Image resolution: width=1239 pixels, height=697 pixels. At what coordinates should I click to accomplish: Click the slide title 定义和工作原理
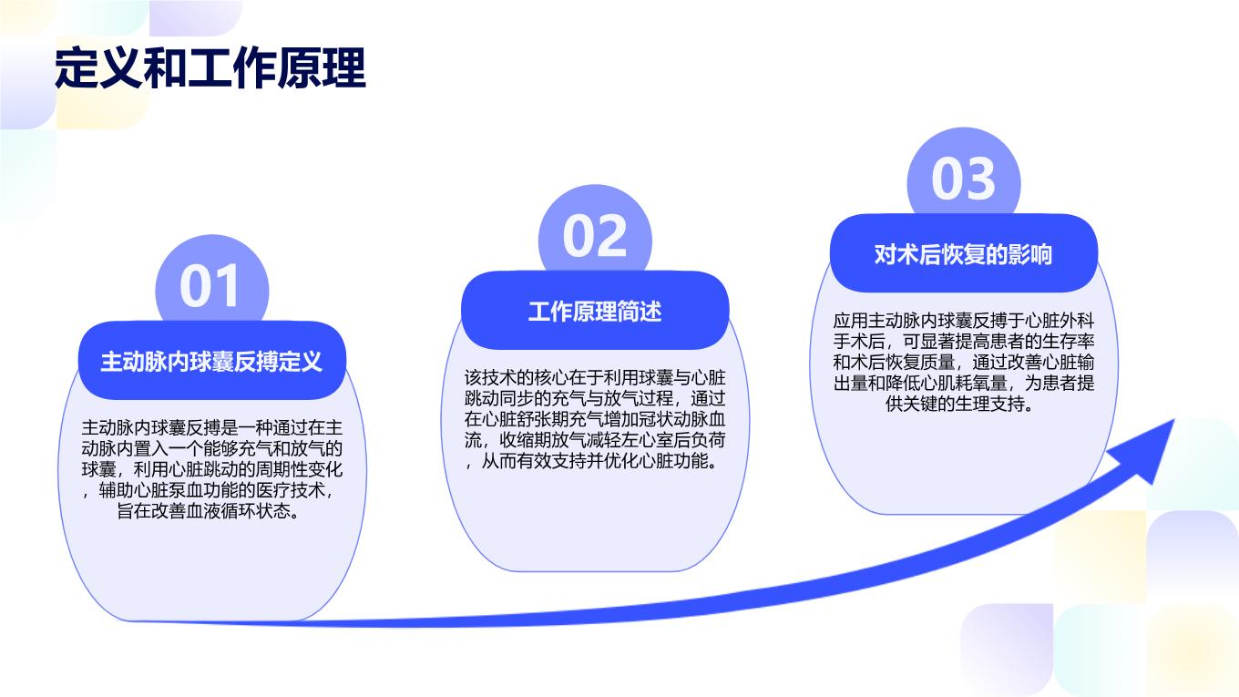[x=210, y=68]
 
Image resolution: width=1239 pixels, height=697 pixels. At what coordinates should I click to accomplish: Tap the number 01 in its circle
[x=210, y=285]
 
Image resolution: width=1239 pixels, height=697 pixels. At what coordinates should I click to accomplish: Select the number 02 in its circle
[x=595, y=236]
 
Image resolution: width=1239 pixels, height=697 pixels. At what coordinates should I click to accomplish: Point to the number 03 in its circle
[x=963, y=179]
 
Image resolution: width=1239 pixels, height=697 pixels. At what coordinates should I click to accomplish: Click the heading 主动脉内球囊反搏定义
[x=211, y=362]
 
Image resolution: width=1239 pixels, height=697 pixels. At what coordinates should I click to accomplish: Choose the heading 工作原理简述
[x=595, y=312]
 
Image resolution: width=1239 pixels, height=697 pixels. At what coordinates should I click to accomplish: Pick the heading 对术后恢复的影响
[x=963, y=254]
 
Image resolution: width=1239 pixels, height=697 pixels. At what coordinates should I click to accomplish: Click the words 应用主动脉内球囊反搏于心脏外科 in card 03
[x=964, y=321]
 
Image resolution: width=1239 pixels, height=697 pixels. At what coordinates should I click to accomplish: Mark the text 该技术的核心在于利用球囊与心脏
[x=595, y=378]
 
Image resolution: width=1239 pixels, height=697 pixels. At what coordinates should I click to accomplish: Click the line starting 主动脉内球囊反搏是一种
[x=212, y=427]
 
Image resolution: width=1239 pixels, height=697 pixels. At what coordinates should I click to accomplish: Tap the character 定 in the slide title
[x=77, y=68]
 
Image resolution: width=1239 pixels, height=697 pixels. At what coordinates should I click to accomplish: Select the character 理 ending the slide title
[x=344, y=68]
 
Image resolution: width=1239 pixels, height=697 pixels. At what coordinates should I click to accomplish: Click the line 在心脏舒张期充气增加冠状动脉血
[x=595, y=419]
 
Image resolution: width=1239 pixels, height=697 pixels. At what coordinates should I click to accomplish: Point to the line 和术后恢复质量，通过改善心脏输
[x=964, y=363]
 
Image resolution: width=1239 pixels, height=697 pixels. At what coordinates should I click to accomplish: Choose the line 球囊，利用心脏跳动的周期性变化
[x=212, y=469]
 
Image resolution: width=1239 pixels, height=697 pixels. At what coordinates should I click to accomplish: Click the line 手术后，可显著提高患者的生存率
[x=964, y=342]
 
